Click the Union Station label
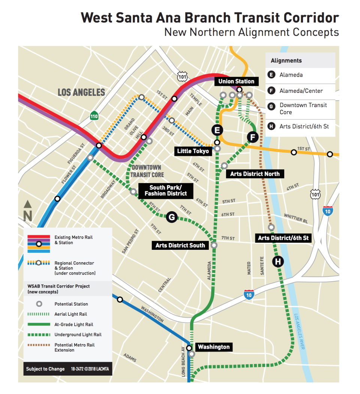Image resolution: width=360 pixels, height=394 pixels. pos(236,81)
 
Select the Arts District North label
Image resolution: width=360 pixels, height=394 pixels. pos(255,174)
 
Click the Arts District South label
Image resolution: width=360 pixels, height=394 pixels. pos(180,245)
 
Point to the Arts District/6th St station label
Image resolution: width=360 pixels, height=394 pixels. pos(285,238)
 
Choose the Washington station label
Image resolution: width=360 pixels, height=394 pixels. pos(213,347)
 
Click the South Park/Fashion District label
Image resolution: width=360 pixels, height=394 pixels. pos(166,191)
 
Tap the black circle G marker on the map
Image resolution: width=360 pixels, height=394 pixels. pos(171,217)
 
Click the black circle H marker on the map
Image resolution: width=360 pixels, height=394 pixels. pos(278,261)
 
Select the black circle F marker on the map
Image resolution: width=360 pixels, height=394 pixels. pos(253,137)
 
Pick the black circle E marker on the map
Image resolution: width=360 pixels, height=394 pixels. pos(217,130)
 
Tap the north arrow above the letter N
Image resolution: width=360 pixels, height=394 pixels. pos(28,204)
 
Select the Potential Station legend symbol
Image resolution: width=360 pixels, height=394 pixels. pos(39,304)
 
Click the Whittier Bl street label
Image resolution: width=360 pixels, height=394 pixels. pos(295,218)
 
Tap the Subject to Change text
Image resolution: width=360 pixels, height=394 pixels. pos(45,369)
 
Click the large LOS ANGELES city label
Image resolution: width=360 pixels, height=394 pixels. pos(81,92)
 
